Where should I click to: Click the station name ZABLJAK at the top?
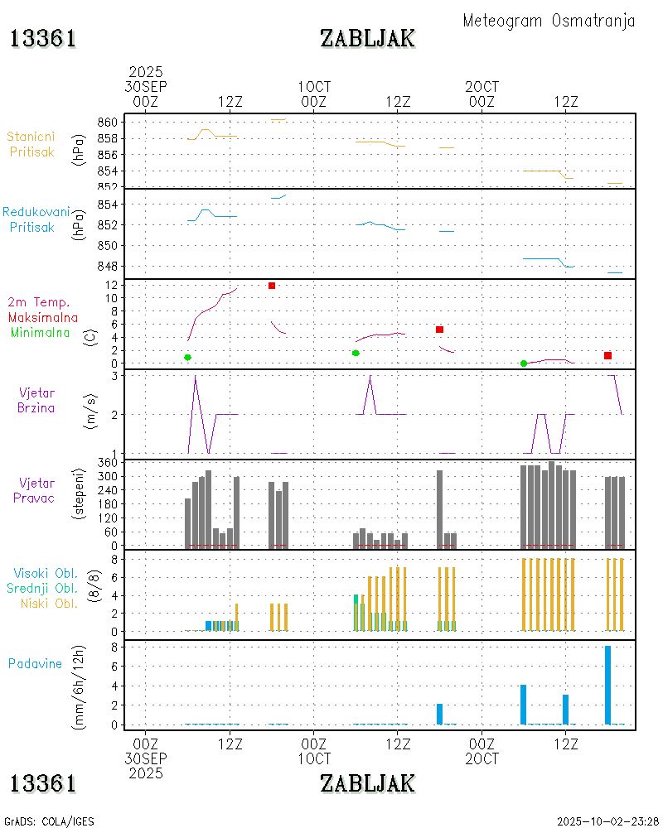click(367, 38)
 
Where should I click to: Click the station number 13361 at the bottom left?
click(43, 782)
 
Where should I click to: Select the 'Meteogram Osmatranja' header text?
click(549, 21)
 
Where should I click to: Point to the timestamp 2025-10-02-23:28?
click(607, 821)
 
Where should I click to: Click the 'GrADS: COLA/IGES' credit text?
click(49, 821)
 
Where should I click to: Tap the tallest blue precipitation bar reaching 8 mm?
click(607, 685)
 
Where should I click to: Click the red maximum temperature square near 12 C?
click(271, 286)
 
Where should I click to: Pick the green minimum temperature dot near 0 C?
click(523, 363)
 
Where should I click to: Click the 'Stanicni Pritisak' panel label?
click(31, 143)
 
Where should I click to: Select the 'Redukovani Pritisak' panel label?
click(36, 219)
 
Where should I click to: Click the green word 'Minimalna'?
click(41, 332)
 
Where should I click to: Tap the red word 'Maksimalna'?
click(43, 317)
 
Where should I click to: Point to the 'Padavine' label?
click(35, 663)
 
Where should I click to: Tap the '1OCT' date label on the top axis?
click(314, 87)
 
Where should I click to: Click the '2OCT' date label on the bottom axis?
click(482, 758)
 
